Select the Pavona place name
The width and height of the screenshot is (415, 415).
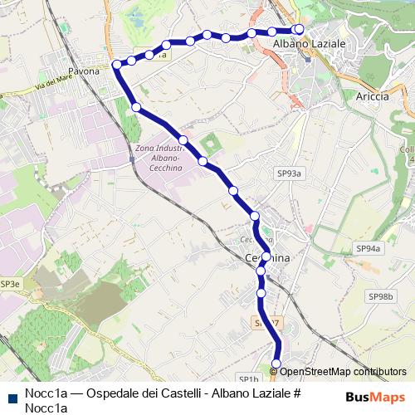tap(84, 71)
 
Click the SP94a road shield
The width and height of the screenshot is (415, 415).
tap(368, 248)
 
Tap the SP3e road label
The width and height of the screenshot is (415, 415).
tap(9, 284)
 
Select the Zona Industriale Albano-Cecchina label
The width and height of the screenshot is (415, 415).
tap(158, 158)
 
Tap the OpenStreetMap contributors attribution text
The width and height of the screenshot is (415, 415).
tap(342, 371)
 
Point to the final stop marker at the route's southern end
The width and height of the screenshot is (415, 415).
tap(276, 363)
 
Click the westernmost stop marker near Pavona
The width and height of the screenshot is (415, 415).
tap(117, 64)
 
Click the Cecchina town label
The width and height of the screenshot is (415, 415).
tap(267, 259)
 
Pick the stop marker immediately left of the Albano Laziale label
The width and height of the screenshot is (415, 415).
tap(271, 31)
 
